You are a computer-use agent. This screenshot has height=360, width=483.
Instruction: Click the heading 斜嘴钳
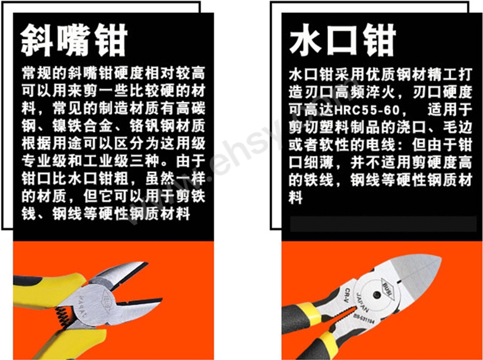pos(74,40)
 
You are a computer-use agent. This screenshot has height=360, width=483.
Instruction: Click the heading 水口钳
pos(342,40)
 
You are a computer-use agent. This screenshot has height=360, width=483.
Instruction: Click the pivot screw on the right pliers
pos(377,295)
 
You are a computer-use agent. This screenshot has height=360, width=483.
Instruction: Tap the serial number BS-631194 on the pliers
pos(364,319)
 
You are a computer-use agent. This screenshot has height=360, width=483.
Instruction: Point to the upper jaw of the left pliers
pos(119,276)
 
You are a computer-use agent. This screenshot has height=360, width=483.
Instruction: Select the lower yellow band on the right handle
pos(324,341)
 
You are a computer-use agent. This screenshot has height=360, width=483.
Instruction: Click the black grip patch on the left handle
pos(27,281)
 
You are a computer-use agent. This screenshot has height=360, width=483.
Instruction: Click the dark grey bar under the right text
pos(383,224)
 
